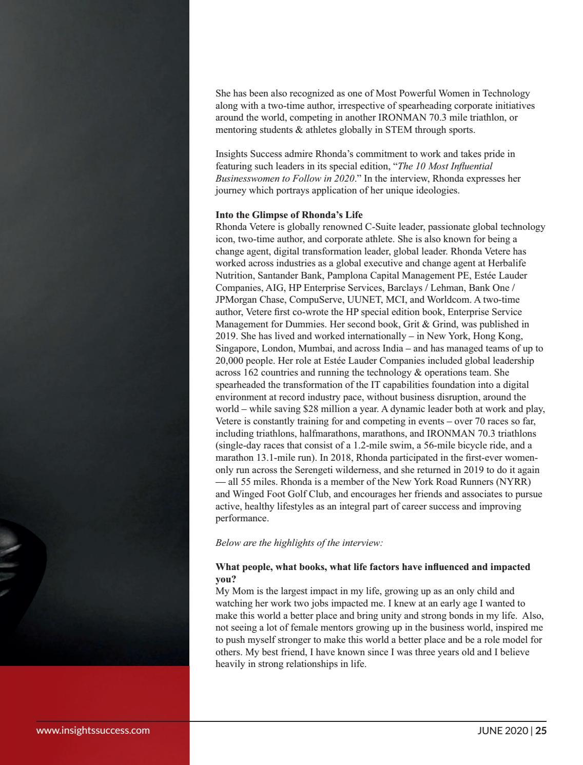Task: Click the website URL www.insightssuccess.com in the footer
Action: coord(93,730)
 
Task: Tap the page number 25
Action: coord(541,731)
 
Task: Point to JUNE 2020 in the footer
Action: coord(502,731)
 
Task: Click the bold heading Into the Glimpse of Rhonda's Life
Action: coord(289,214)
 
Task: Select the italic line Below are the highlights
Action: coord(299,542)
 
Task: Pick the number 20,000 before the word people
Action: coord(231,361)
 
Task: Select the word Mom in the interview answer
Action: coord(239,591)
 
